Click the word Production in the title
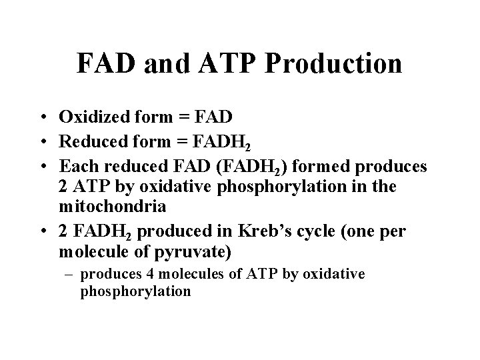pos(335,63)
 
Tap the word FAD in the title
pos(101,63)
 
